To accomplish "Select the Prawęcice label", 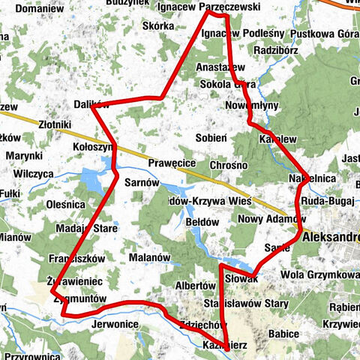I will pyautogui.click(x=172, y=162).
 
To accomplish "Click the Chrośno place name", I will pyautogui.click(x=229, y=164).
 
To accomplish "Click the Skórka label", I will pyautogui.click(x=158, y=25).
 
